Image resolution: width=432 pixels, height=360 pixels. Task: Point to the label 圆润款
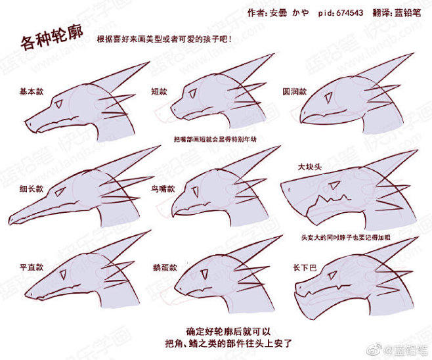click(294, 92)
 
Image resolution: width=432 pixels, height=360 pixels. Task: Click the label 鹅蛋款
click(165, 267)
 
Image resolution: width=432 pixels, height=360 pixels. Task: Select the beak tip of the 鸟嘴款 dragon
click(175, 212)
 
